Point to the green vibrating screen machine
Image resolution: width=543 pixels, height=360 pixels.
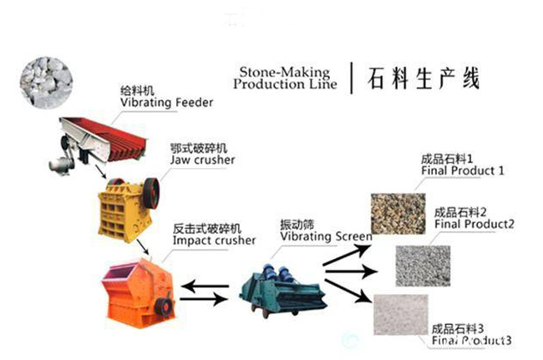coord(276,285)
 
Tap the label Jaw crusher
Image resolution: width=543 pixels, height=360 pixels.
coord(202,160)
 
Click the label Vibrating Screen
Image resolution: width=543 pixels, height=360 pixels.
coord(325,236)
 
